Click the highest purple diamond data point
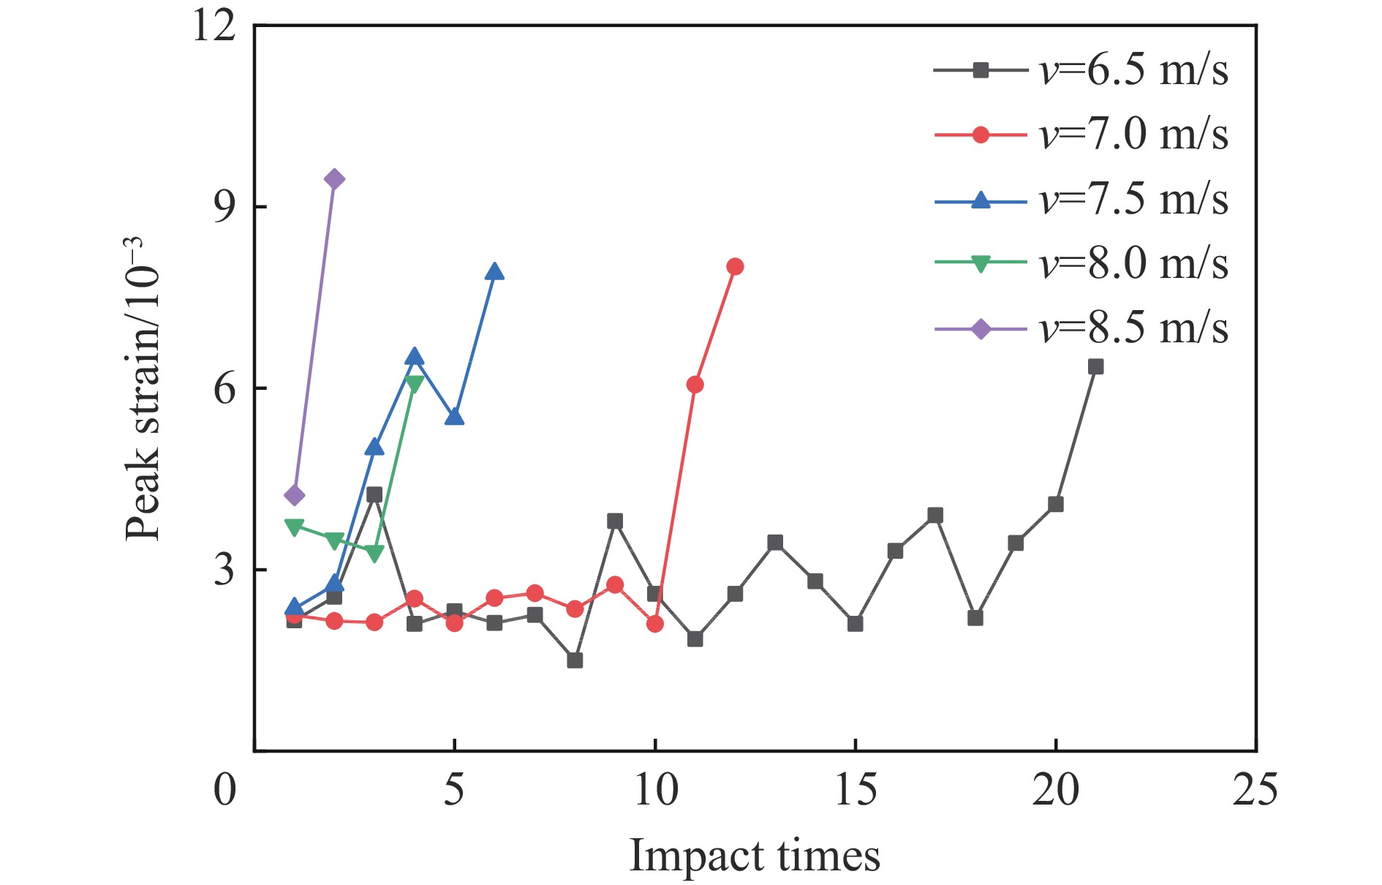[x=334, y=179]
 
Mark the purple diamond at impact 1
[x=294, y=495]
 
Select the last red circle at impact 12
[x=735, y=266]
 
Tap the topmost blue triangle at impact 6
[x=494, y=272]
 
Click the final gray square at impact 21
[x=1095, y=366]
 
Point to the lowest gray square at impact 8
[x=575, y=660]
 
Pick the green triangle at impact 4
[x=415, y=384]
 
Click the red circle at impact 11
[x=695, y=385]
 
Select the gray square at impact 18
[x=975, y=618]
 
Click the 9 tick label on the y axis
[x=224, y=207]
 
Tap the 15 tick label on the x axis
[x=856, y=791]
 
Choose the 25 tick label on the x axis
[x=1255, y=791]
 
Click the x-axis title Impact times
[x=755, y=855]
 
